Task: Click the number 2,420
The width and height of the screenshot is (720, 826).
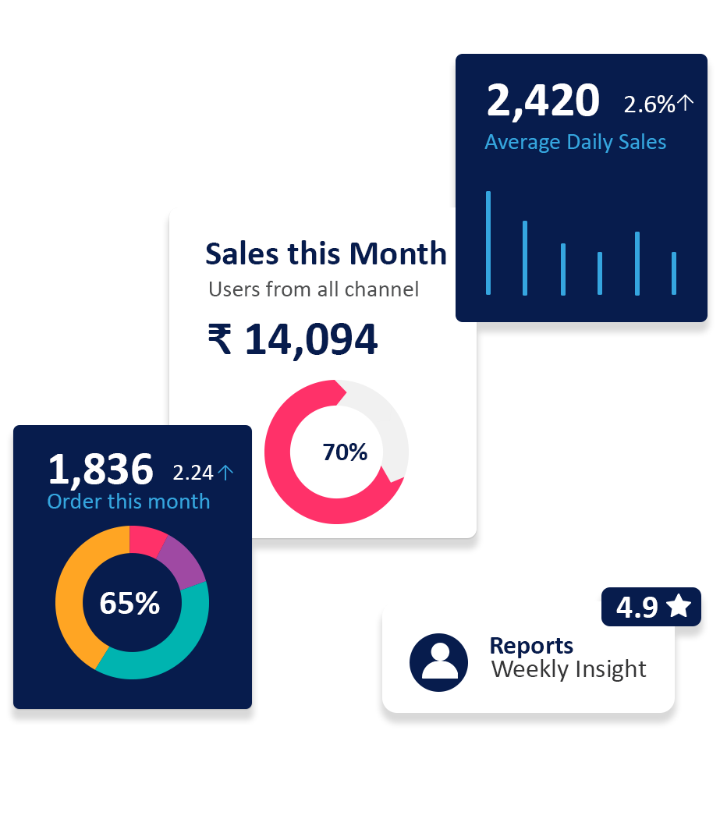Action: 543,101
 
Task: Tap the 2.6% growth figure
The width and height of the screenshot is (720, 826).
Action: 649,104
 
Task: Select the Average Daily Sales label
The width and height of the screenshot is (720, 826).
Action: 575,142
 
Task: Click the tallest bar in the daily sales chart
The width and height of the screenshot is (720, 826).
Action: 488,243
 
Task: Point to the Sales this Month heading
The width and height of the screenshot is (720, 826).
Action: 325,253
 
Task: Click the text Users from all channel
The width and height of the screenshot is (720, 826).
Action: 314,289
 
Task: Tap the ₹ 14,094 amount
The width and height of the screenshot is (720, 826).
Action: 293,339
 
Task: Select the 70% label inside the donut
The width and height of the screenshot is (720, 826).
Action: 345,452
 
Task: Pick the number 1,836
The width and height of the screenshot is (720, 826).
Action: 101,470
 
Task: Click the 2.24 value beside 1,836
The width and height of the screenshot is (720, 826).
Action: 193,473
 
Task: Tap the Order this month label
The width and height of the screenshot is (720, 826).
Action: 129,501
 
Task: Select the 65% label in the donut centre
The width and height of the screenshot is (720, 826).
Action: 129,603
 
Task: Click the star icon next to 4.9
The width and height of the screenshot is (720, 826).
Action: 679,606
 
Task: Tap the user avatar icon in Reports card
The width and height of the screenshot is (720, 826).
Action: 438,662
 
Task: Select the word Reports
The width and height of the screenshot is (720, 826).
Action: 531,646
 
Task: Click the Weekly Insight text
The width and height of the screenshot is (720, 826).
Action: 569,669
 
